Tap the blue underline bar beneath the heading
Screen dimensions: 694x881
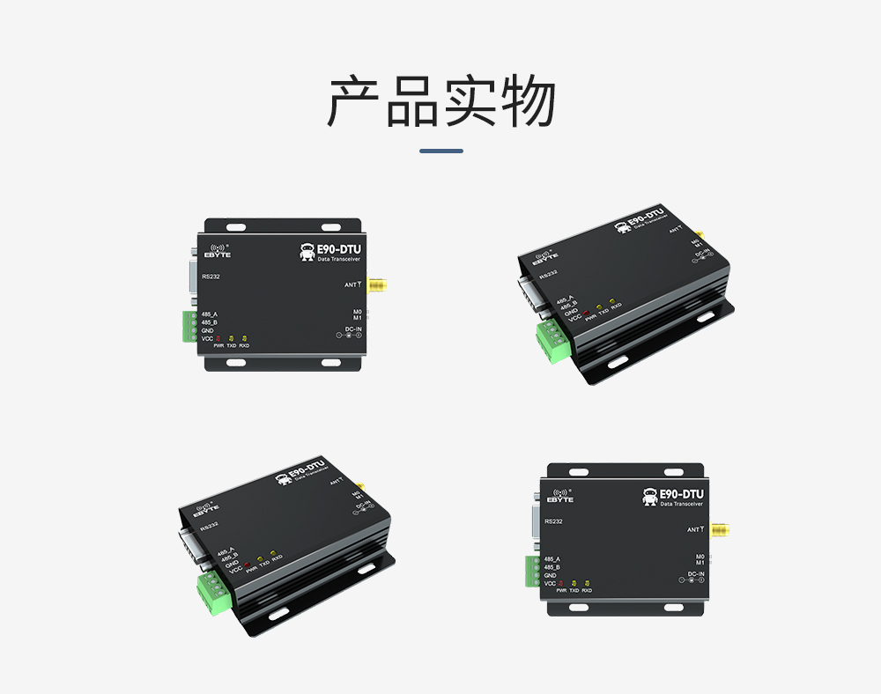click(x=441, y=151)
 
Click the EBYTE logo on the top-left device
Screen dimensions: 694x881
click(x=217, y=252)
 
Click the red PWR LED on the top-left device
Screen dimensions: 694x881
click(x=218, y=339)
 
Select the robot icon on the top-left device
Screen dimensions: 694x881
click(x=307, y=253)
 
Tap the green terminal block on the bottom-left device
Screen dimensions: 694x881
click(x=211, y=591)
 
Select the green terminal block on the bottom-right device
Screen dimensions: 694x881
click(x=533, y=571)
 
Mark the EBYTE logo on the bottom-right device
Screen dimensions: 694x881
click(x=559, y=497)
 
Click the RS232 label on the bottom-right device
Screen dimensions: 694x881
click(x=553, y=521)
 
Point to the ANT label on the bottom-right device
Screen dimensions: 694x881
click(x=694, y=529)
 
